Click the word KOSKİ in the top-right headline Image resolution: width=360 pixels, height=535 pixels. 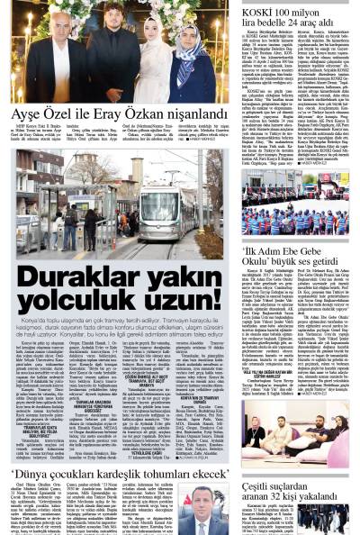point(261,6)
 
